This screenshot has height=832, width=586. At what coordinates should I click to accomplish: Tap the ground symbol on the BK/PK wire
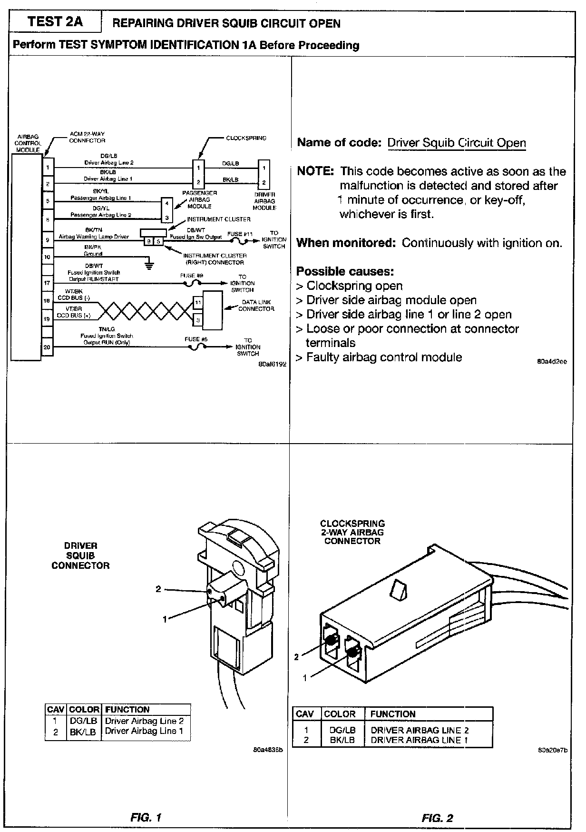(149, 265)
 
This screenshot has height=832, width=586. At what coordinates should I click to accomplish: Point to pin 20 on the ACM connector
(47, 347)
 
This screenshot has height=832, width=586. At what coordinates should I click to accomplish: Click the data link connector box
(212, 310)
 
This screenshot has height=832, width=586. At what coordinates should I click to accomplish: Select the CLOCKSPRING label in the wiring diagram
(246, 138)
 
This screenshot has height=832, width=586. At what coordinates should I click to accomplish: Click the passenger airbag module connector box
(166, 210)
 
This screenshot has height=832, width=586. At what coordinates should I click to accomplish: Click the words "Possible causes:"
(345, 271)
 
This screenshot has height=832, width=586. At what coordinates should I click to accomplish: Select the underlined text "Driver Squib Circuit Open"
(457, 143)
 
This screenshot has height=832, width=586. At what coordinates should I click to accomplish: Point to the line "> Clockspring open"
(350, 286)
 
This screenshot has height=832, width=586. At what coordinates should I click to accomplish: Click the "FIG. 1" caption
(146, 818)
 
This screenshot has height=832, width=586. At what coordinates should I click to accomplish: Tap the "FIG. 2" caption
(437, 818)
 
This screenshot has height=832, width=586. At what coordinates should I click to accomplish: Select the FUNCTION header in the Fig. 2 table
(392, 714)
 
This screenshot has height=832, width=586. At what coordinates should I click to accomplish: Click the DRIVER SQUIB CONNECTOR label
(80, 555)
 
